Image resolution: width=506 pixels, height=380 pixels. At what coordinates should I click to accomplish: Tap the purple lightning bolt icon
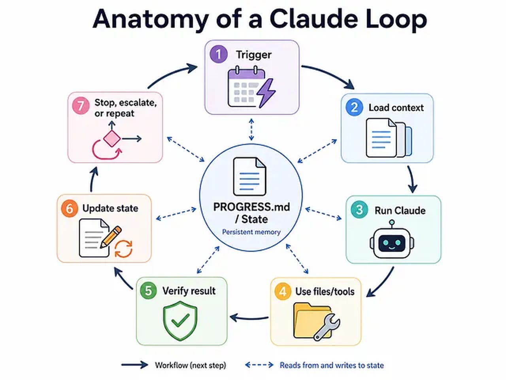pos(266,93)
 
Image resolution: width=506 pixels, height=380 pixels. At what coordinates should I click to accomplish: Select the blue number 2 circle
pos(354,107)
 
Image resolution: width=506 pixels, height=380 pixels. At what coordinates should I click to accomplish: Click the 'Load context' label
pos(396,108)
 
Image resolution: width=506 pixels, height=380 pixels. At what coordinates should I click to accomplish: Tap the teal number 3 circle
pos(359,209)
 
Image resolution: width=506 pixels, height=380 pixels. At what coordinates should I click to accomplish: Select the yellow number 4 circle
pos(283,291)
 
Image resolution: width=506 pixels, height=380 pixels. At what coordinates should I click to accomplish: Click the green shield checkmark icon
pos(180,321)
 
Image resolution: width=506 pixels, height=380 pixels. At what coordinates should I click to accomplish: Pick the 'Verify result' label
pos(189,291)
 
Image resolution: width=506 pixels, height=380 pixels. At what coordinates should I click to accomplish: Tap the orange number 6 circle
pos(70,208)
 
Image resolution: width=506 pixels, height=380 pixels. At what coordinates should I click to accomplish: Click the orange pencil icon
pos(111,237)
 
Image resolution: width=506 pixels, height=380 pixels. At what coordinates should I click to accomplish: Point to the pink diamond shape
pos(112,139)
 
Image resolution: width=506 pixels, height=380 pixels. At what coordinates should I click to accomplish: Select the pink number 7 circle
pos(81,106)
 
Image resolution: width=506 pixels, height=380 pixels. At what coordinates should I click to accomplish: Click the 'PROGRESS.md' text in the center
pos(251,207)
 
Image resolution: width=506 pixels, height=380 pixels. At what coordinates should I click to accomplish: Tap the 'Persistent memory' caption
pos(251,232)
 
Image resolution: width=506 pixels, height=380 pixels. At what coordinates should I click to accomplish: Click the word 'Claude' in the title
pos(314,19)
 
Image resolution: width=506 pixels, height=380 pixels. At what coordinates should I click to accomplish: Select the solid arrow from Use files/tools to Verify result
pos(249,318)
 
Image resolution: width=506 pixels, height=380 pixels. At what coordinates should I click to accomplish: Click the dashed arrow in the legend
pos(259,365)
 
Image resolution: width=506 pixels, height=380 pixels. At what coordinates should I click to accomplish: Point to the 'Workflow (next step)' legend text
pos(191,365)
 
